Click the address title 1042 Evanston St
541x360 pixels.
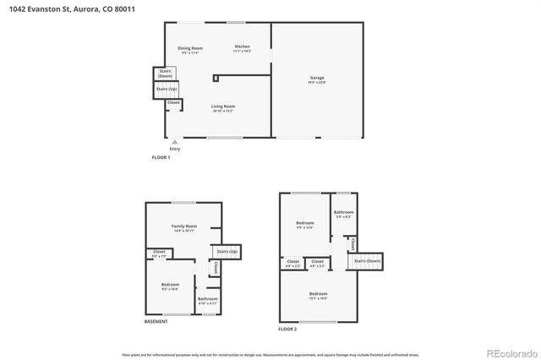[x=71, y=9]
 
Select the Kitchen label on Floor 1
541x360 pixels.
[x=242, y=47]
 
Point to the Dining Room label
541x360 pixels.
[x=190, y=50]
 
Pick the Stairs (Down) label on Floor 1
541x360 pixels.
[x=165, y=74]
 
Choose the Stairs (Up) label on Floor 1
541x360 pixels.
[x=167, y=89]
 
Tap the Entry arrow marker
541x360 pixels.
[x=175, y=144]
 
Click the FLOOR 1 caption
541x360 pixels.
[x=160, y=158]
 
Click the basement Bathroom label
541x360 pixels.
[x=208, y=299]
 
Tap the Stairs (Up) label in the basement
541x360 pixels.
[x=227, y=252]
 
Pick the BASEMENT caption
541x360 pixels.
[x=156, y=321]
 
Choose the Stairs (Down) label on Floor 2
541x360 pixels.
[x=368, y=261]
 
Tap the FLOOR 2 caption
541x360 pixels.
[x=287, y=329]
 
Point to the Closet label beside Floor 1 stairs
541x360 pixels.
[x=173, y=102]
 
